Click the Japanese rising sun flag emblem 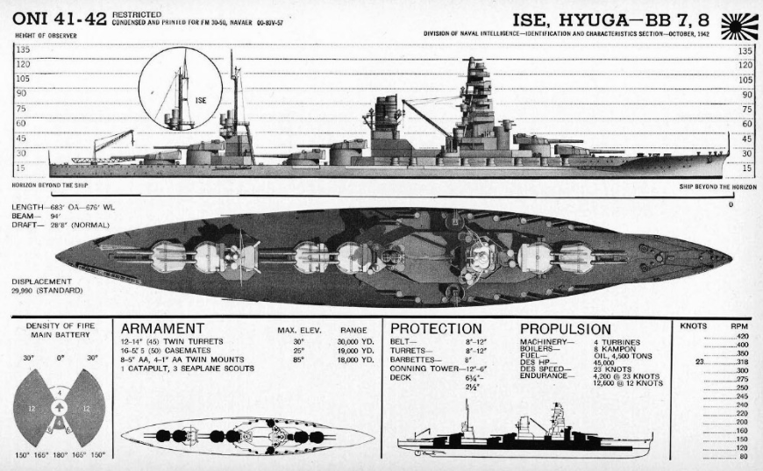(738, 26)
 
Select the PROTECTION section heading (436, 328)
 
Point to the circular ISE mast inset (180, 89)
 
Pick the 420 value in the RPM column (743, 336)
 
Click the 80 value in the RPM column (744, 456)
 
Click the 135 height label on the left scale (23, 51)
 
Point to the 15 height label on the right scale (745, 167)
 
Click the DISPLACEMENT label (41, 282)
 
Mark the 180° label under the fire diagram (59, 455)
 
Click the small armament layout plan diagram (248, 435)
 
